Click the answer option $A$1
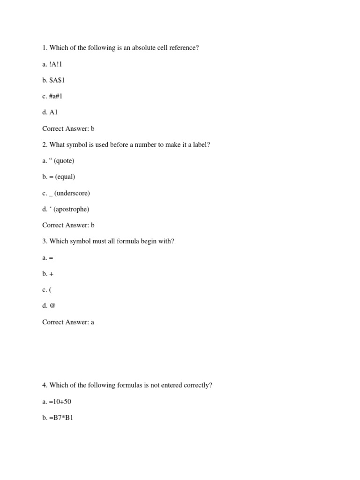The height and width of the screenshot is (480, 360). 57,80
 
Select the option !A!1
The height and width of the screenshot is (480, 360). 55,64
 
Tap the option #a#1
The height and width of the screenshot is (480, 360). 56,96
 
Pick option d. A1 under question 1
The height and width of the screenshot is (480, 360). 53,112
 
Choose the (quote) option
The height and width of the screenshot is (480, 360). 64,161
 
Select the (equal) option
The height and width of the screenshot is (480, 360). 64,177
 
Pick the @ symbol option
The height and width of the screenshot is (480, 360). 52,306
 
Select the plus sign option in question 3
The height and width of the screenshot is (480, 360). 51,274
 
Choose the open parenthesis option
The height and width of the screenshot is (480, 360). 50,290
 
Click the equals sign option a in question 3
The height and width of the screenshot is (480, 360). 51,258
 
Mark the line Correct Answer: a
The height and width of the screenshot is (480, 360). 68,322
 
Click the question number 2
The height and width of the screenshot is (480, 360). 44,144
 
